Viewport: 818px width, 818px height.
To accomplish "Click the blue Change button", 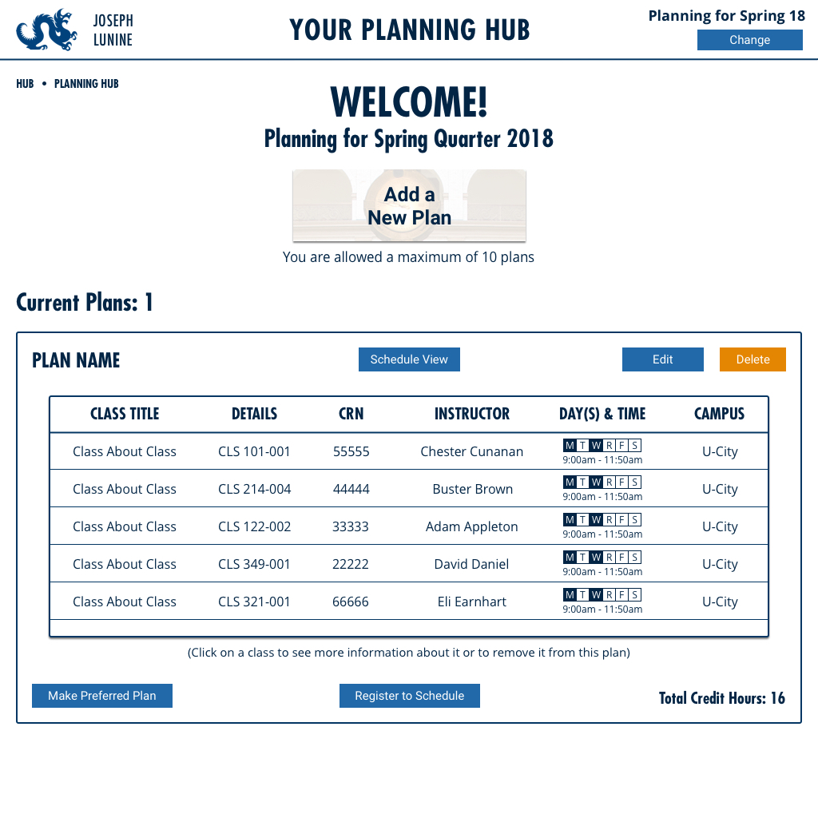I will pos(749,40).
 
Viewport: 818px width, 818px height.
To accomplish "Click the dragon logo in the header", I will pos(47,30).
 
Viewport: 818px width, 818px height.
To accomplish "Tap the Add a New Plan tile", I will pos(409,206).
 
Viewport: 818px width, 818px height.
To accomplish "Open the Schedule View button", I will pos(409,359).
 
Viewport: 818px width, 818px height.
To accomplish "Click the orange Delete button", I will pos(752,359).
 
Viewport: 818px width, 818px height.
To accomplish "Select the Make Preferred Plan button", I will pos(102,696).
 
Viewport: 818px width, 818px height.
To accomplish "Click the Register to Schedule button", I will pos(410,696).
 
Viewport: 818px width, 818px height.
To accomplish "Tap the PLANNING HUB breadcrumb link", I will pos(86,84).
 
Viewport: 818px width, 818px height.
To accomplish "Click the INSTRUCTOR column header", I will pos(472,414).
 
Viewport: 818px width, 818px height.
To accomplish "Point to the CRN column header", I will pos(351,414).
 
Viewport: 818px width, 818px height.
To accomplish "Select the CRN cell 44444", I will pos(351,489).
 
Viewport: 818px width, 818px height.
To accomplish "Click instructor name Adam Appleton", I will pos(472,526).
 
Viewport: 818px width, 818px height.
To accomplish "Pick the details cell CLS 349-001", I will pos(255,564).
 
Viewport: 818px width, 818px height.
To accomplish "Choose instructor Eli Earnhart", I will pos(472,602).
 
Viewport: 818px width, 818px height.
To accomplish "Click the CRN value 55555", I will pos(351,451).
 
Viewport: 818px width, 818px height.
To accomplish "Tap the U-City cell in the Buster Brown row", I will pos(720,489).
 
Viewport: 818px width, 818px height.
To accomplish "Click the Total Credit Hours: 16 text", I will pos(722,698).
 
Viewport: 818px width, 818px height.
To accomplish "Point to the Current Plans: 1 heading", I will pos(85,303).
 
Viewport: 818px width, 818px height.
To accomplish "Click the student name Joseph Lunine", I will pos(113,30).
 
